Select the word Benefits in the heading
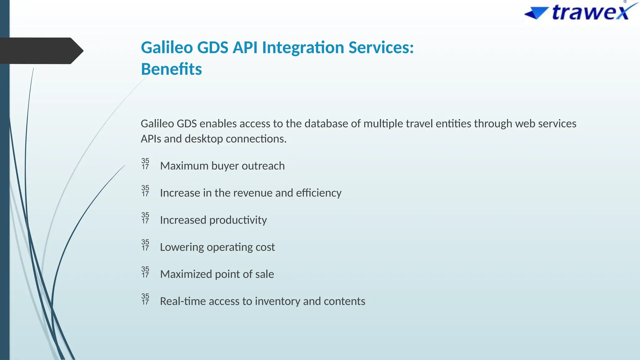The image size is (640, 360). click(171, 69)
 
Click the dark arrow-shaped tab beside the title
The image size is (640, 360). click(41, 51)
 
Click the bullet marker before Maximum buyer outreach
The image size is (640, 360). click(145, 164)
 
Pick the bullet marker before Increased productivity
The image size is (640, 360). click(145, 218)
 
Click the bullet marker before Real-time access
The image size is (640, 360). click(145, 299)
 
